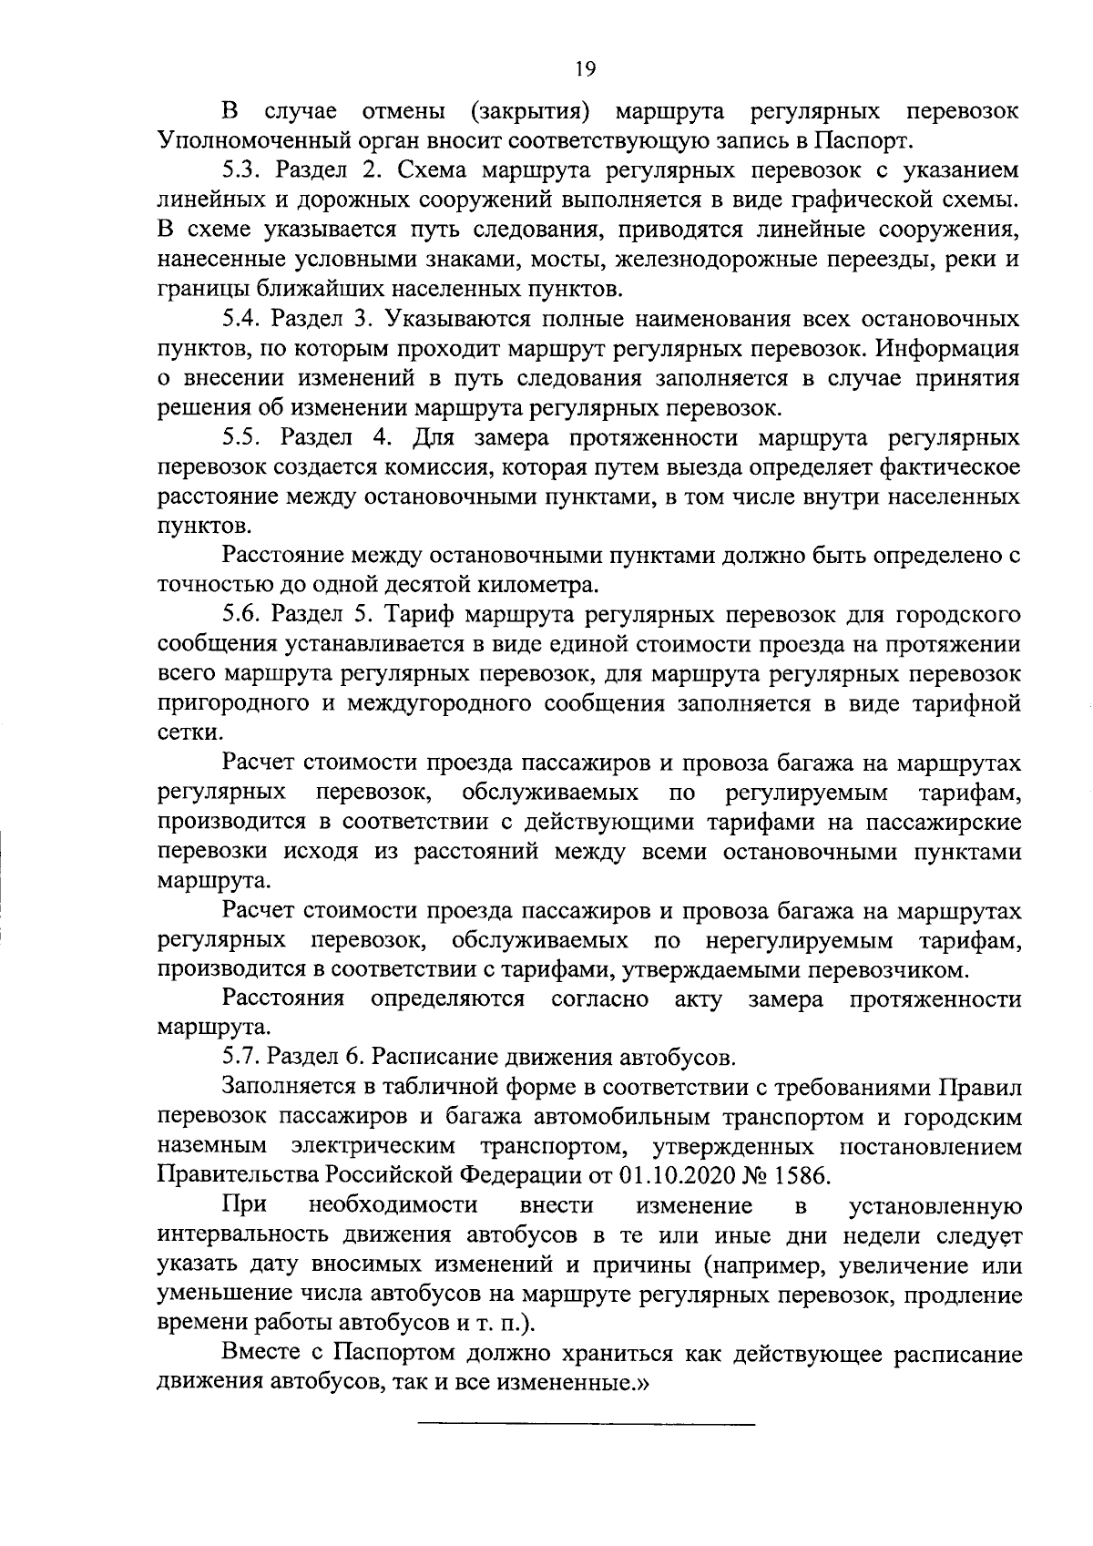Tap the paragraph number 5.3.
coord(240,170)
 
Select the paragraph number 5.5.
coord(241,437)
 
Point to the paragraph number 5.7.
coord(240,1059)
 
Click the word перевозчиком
coord(897,969)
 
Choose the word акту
coord(698,999)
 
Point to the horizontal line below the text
coord(587,1423)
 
